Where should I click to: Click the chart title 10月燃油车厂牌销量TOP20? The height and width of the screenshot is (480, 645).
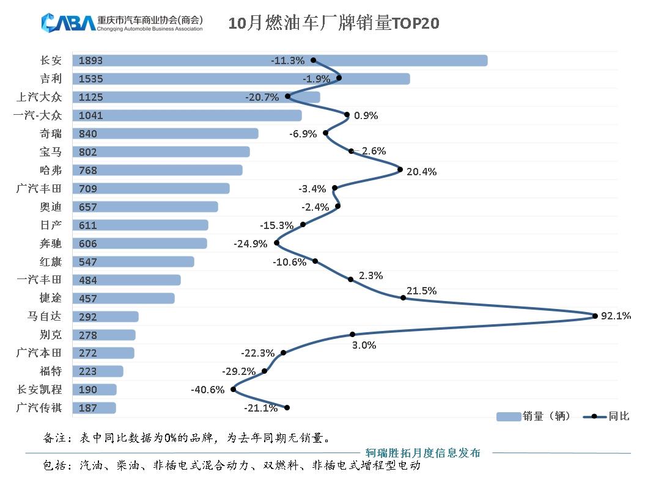pos(334,23)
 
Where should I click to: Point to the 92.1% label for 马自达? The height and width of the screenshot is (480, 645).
pos(616,316)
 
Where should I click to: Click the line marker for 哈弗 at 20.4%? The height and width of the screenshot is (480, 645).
pos(400,170)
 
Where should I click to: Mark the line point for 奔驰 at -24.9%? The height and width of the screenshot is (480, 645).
pos(277,243)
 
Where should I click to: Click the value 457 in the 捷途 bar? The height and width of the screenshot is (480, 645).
pos(88,299)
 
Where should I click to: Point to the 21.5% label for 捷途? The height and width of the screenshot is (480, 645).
pos(422,291)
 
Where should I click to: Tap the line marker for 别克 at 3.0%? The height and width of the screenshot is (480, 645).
pos(353,334)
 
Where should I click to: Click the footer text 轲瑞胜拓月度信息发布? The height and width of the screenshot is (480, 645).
pos(422,453)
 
